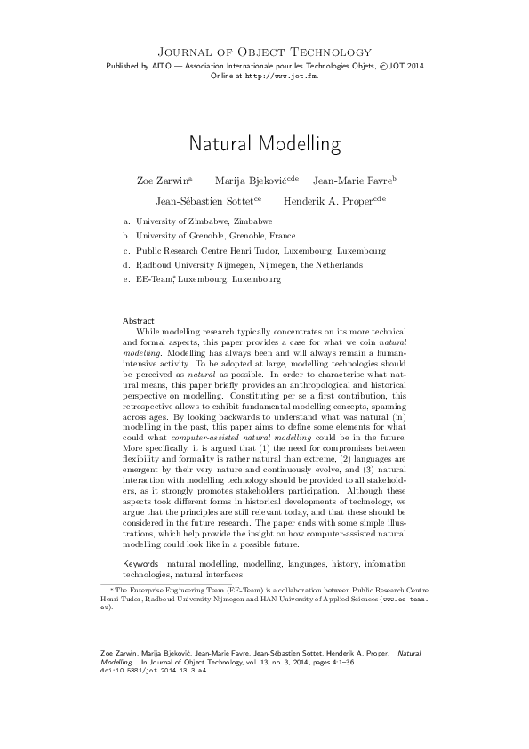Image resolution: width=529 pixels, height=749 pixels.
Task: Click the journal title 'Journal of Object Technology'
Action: (264, 52)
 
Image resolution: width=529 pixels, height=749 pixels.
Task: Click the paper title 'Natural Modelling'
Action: (264, 142)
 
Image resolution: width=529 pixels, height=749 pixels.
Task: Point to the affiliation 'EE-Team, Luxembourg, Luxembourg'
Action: (208, 279)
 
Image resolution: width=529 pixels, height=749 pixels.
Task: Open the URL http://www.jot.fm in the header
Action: (281, 77)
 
